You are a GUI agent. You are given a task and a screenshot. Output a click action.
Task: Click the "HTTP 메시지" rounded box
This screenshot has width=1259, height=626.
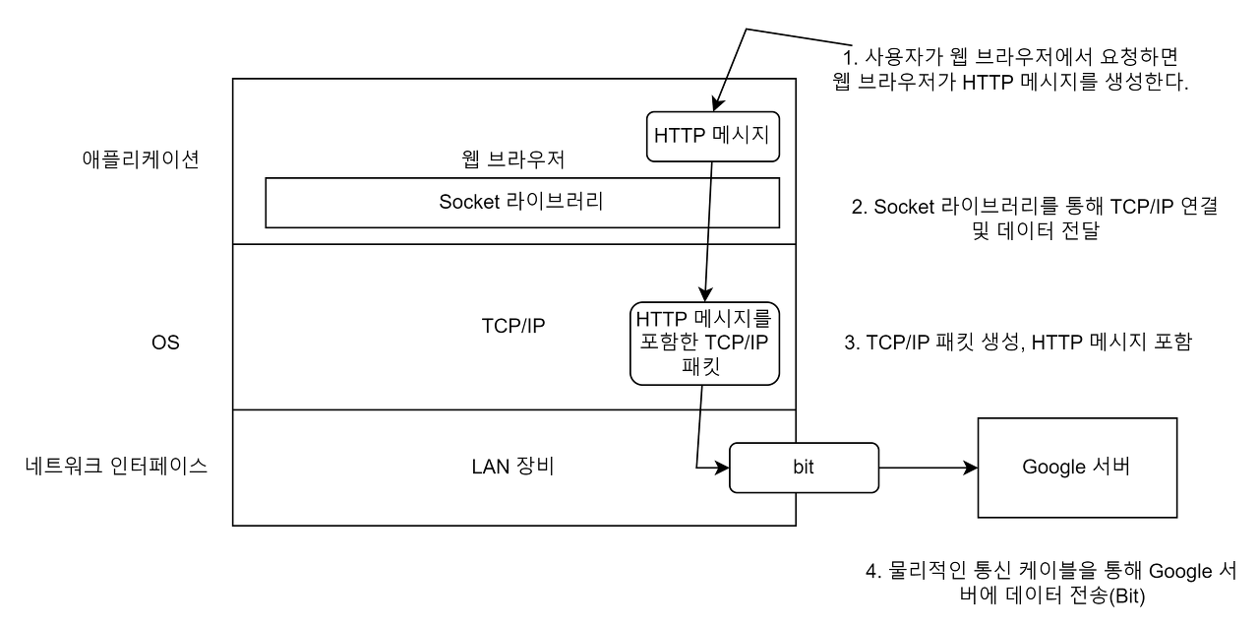(713, 137)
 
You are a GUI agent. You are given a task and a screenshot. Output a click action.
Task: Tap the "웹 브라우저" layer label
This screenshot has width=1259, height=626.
(512, 158)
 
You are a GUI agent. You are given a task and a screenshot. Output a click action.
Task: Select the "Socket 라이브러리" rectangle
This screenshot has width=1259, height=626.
(522, 203)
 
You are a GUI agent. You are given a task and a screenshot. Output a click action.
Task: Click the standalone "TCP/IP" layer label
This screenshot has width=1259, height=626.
(512, 326)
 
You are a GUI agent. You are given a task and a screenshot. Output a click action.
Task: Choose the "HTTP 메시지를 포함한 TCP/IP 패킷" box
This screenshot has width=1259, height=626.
(704, 344)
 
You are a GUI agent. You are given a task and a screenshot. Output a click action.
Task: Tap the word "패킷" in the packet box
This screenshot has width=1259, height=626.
(704, 368)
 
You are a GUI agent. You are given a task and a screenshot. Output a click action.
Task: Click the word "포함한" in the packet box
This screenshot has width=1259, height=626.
(669, 344)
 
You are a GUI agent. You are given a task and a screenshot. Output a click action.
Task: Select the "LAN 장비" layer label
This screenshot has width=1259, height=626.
(512, 467)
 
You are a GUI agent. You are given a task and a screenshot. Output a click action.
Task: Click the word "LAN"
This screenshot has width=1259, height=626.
(491, 467)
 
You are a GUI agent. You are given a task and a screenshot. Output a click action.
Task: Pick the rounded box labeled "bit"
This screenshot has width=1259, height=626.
(804, 468)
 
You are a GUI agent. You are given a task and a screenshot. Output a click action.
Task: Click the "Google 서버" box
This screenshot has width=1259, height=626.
(1077, 468)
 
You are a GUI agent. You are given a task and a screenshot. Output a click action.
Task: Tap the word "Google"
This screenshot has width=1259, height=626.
(1053, 468)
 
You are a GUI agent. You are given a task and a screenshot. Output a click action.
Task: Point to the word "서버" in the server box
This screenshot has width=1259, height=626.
(1111, 468)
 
